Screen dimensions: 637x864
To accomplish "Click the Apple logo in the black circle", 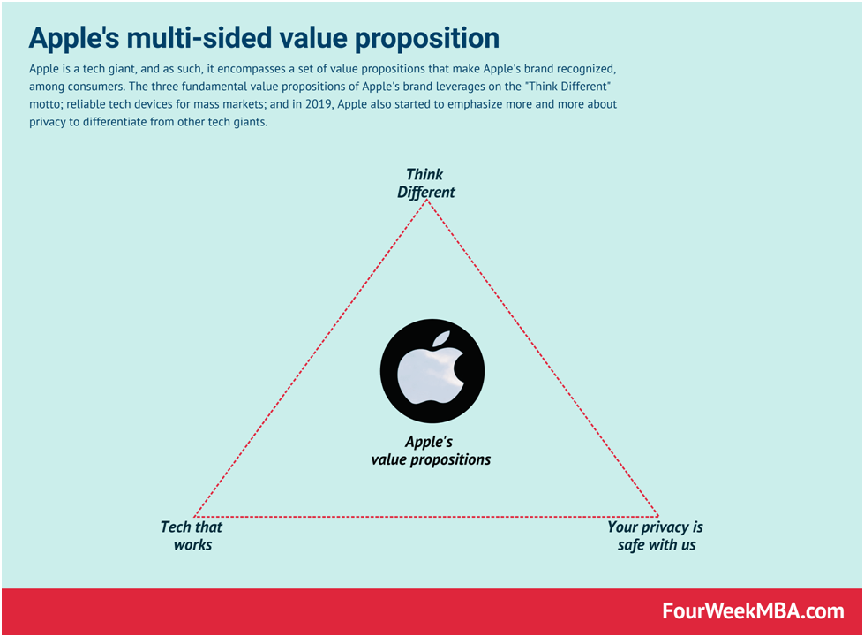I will (432, 372).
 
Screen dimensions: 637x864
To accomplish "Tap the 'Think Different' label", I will (425, 183).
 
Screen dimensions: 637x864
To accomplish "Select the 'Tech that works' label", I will (192, 535).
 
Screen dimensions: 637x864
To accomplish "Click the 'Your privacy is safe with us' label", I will (656, 535).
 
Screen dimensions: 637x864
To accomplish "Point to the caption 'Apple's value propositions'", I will (431, 451).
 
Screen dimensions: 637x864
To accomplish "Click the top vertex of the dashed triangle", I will (427, 201).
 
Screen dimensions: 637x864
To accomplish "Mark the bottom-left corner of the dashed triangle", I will (195, 516).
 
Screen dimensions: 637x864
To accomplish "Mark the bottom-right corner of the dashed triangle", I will (658, 516).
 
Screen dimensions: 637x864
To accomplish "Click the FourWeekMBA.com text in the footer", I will (753, 611).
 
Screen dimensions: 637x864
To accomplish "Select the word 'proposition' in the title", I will (423, 38).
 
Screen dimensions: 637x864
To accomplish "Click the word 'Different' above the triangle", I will (425, 192).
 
